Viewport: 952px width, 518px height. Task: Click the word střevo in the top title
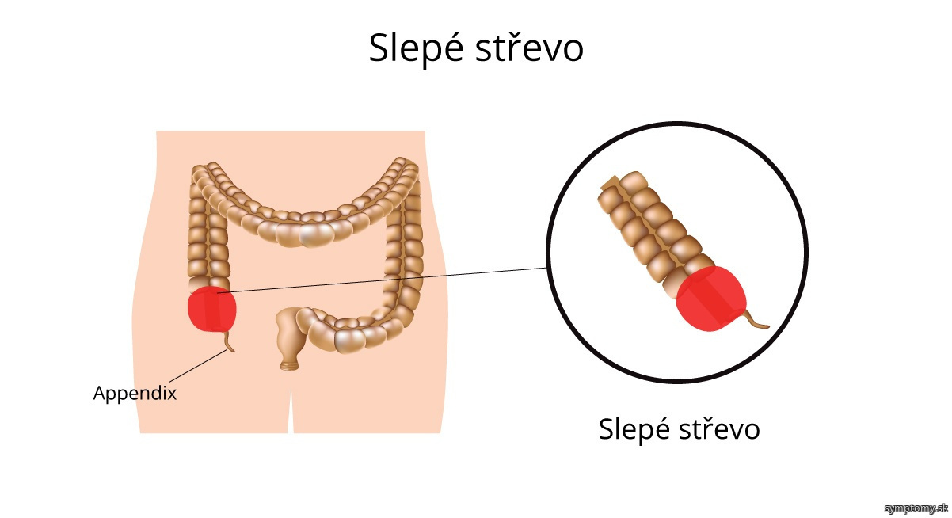coord(529,48)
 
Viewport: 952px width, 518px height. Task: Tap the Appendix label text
coord(135,394)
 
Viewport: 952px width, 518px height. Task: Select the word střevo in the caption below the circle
coord(719,428)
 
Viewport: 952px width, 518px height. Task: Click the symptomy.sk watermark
coord(916,508)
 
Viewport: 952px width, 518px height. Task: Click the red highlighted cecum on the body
coord(212,310)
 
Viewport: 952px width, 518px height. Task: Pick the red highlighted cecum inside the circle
coord(711,299)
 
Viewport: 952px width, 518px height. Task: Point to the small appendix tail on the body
coord(229,341)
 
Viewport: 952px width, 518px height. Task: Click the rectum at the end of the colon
coord(289,340)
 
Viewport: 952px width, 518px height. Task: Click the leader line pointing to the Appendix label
coord(198,366)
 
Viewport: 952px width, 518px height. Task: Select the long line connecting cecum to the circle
coord(382,280)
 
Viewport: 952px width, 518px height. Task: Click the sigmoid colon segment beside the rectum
coord(336,331)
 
